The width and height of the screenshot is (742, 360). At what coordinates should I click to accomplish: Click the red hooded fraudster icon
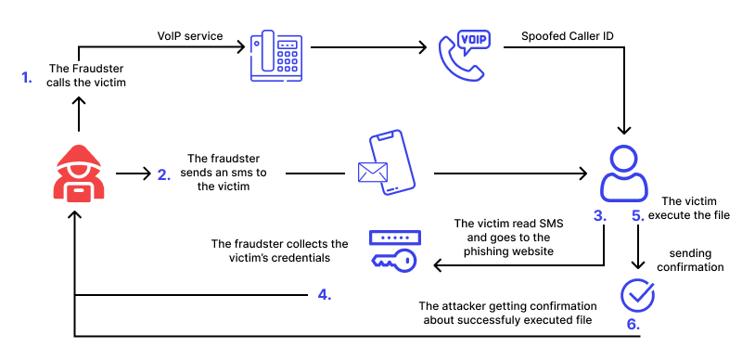pos(79,174)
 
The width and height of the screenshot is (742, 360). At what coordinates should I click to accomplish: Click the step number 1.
pos(27,76)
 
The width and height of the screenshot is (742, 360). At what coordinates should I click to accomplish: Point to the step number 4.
pos(324,295)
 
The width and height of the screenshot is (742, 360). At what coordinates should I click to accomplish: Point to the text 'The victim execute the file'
pos(696,208)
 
